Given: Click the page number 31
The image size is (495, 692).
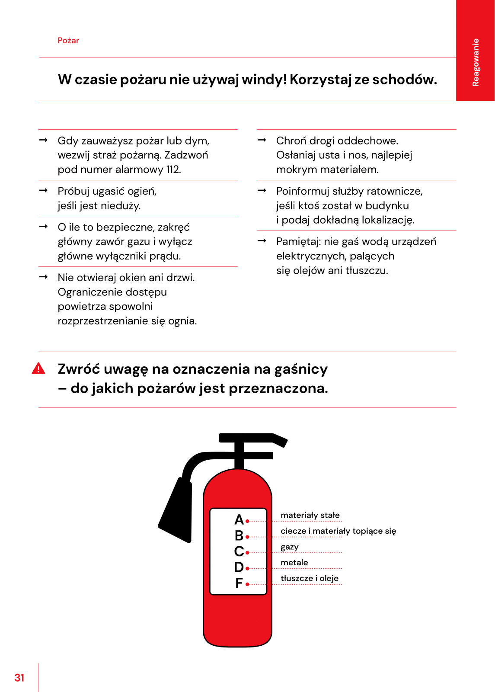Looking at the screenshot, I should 19,678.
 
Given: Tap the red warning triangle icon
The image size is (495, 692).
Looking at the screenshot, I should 38,368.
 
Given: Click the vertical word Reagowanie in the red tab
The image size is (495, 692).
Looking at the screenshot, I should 476,62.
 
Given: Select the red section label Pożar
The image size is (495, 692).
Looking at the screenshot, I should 68,41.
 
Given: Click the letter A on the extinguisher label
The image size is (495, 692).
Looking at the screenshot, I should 239,519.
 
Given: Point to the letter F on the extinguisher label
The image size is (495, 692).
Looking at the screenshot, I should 239,583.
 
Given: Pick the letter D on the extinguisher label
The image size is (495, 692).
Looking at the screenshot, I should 239,567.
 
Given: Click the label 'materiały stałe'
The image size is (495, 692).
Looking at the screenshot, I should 310,515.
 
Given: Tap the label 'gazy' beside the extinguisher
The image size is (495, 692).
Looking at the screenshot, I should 290,547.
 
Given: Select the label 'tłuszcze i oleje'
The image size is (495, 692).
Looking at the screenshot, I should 310,579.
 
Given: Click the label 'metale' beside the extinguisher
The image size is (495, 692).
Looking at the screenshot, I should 294,563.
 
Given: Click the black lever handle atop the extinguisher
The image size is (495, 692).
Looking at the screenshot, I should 253,439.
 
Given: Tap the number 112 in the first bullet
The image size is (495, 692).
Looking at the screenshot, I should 173,170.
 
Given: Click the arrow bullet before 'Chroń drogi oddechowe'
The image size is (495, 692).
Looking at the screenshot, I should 262,140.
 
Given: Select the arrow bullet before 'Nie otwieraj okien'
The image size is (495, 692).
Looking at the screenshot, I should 43,277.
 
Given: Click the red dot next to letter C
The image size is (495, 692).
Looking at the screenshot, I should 247,553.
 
